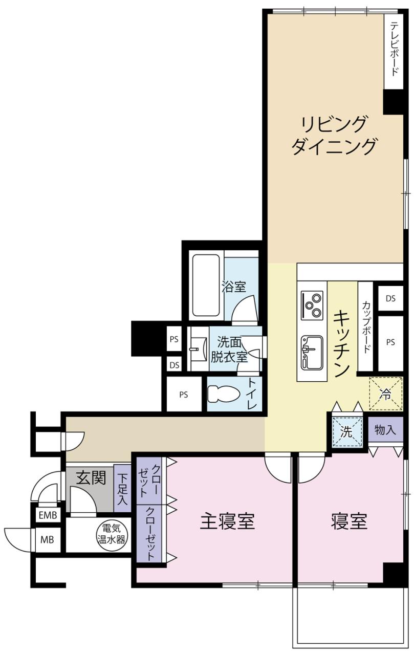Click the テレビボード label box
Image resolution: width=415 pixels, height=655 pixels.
click(394, 52)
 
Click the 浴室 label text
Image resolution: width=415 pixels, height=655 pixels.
click(234, 287)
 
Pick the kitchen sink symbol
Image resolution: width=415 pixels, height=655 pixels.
click(312, 353)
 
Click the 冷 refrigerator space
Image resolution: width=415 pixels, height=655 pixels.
click(386, 394)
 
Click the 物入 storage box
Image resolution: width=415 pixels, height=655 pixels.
click(385, 429)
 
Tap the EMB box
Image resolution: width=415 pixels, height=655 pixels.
click(48, 515)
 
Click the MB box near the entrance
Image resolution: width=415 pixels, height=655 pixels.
click(48, 539)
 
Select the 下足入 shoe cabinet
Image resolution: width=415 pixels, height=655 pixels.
click(122, 488)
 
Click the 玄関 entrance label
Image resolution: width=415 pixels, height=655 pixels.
click(91, 478)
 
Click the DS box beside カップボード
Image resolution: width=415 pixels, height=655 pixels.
click(391, 298)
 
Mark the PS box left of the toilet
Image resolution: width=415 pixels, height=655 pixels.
click(184, 395)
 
